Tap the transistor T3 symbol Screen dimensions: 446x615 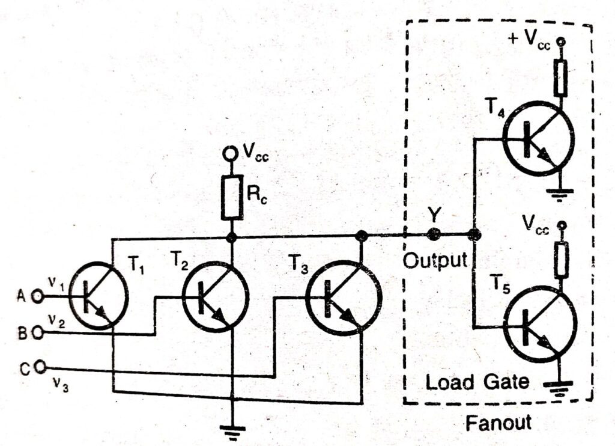pyautogui.click(x=344, y=299)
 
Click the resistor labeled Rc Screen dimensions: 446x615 pyautogui.click(x=231, y=197)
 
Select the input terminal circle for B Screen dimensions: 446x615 pyautogui.click(x=38, y=331)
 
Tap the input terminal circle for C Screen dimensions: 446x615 pyautogui.click(x=40, y=366)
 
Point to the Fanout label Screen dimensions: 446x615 pyautogui.click(x=498, y=423)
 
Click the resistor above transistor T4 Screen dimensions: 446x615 pyautogui.click(x=561, y=79)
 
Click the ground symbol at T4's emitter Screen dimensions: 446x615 pyautogui.click(x=560, y=193)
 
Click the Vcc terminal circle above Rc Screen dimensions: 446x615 pyautogui.click(x=229, y=154)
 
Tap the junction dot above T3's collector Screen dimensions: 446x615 pyautogui.click(x=361, y=236)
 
